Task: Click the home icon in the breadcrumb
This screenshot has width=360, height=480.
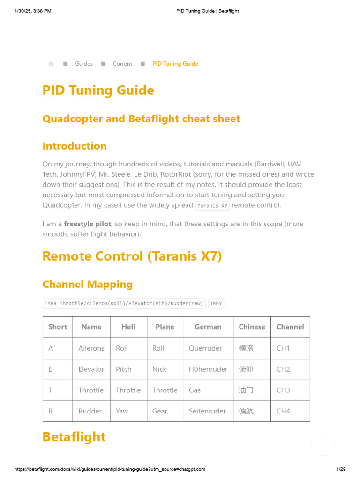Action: pos(51,64)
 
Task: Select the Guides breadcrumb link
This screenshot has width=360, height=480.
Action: pos(84,64)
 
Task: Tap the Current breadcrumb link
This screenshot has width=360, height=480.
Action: pos(122,64)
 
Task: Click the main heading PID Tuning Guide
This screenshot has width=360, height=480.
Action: pos(98,90)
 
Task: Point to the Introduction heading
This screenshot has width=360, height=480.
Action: pos(75,146)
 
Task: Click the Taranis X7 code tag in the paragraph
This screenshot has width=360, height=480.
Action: pos(212,205)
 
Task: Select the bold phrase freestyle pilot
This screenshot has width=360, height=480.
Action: pos(88,224)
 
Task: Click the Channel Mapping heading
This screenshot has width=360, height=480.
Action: pos(88,284)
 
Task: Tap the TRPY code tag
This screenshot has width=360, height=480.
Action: pos(216,303)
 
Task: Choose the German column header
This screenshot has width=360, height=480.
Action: pos(208,327)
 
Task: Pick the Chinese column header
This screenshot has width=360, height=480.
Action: pos(252,327)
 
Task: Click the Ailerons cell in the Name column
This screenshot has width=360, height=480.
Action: pos(91,348)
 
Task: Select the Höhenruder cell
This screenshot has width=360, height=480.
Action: pos(208,369)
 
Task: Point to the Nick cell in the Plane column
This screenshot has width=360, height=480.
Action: pos(159,369)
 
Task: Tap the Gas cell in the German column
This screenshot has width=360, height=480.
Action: pos(195,390)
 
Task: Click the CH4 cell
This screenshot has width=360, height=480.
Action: pos(283,411)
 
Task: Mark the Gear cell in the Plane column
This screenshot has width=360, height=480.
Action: pos(160,411)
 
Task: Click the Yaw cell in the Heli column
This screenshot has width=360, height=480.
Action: pos(122,411)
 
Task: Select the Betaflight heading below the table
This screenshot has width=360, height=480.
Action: pos(74,436)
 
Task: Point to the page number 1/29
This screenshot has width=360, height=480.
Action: pos(341,469)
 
